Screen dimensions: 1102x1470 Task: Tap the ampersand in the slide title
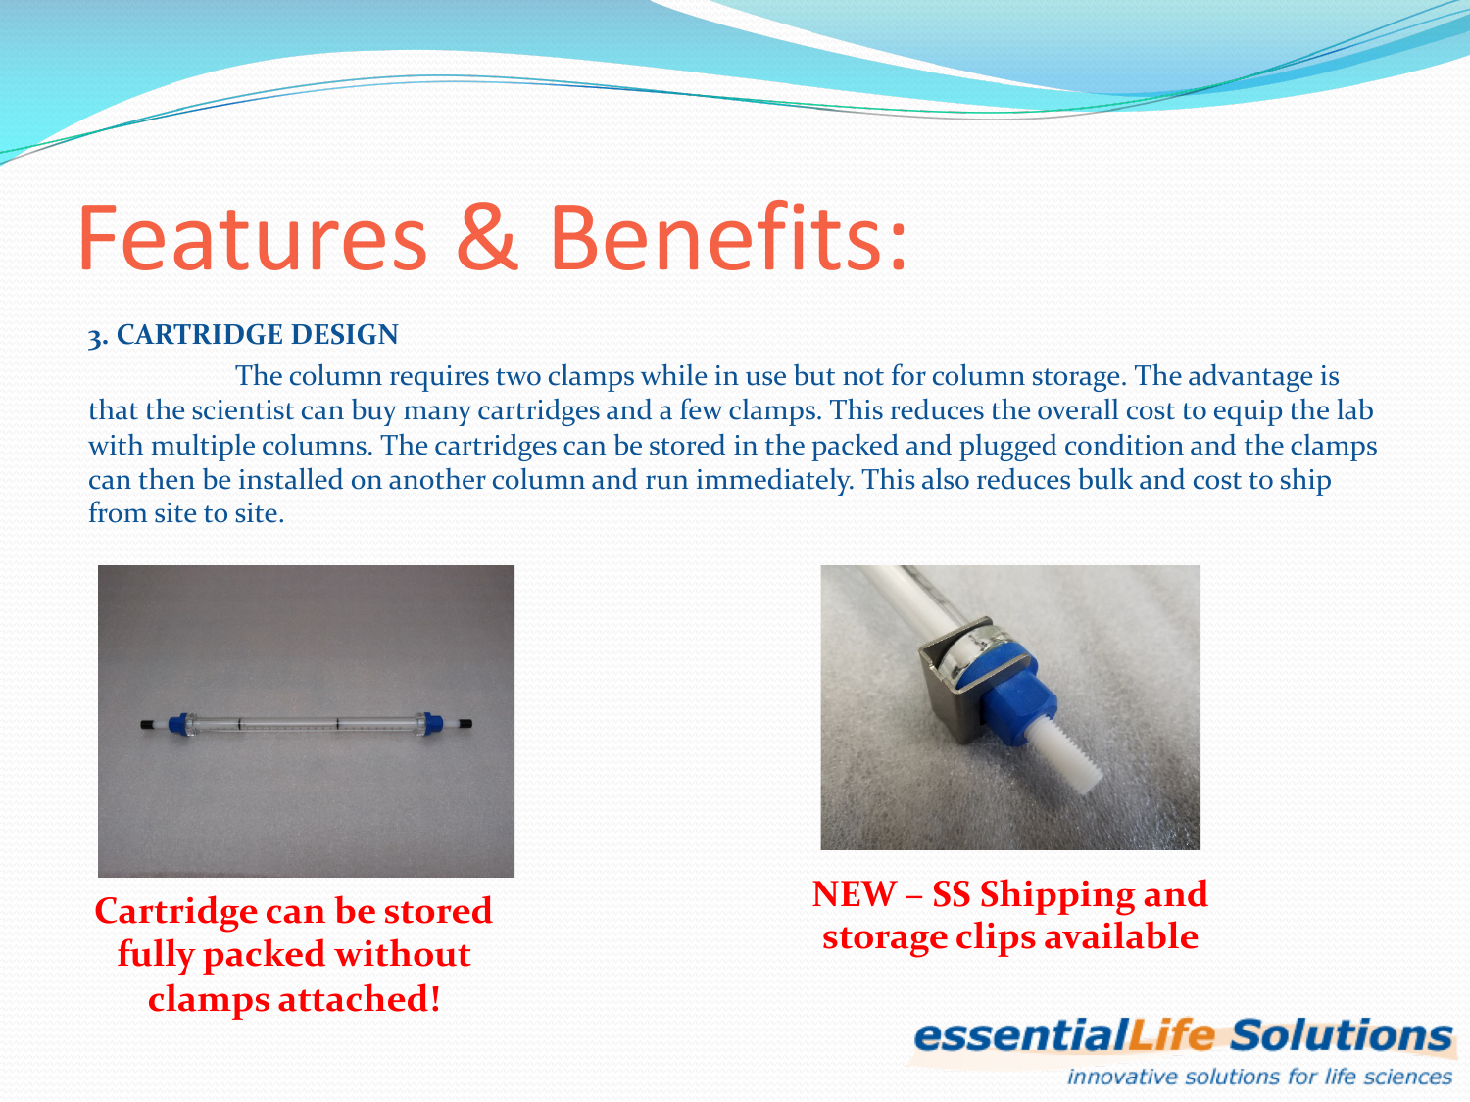(487, 238)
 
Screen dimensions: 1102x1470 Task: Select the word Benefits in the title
(727, 238)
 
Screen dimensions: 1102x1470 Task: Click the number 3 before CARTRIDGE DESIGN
(95, 338)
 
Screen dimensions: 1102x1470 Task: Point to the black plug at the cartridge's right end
(466, 724)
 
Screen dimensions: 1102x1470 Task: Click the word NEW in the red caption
(854, 894)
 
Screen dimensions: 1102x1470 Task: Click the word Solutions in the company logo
(1342, 1036)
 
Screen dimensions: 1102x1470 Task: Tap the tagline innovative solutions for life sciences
(1259, 1078)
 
